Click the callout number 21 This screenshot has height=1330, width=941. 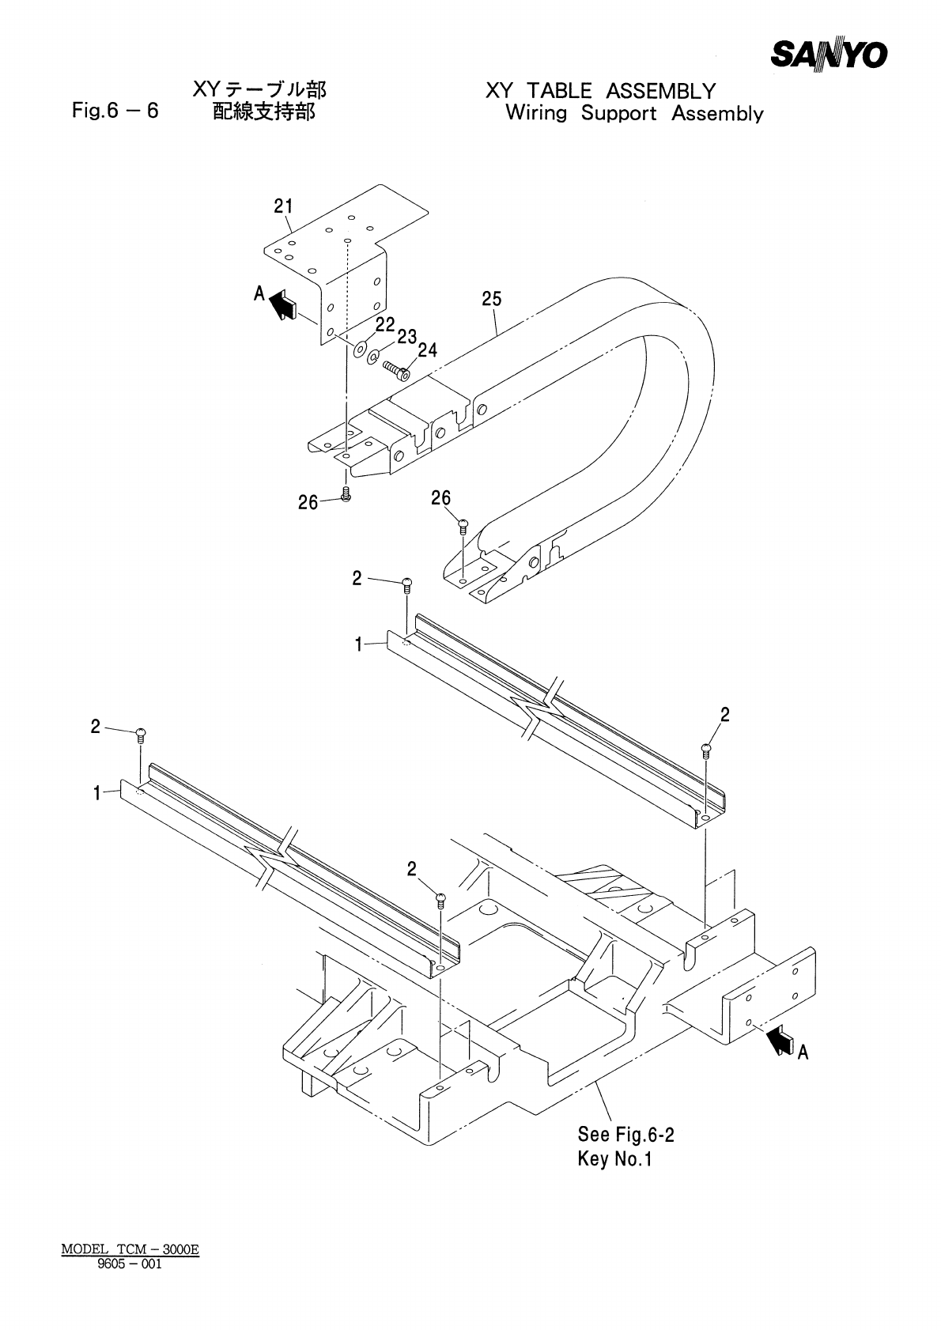pos(283,206)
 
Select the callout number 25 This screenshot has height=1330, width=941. pos(492,299)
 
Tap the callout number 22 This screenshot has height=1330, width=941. pos(385,325)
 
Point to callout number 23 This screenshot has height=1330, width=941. pos(406,338)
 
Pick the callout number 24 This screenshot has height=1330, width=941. pos(428,350)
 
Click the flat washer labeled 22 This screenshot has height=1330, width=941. pos(360,350)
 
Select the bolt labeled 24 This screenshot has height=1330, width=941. pos(396,368)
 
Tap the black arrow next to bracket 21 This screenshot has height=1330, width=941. pos(282,304)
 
